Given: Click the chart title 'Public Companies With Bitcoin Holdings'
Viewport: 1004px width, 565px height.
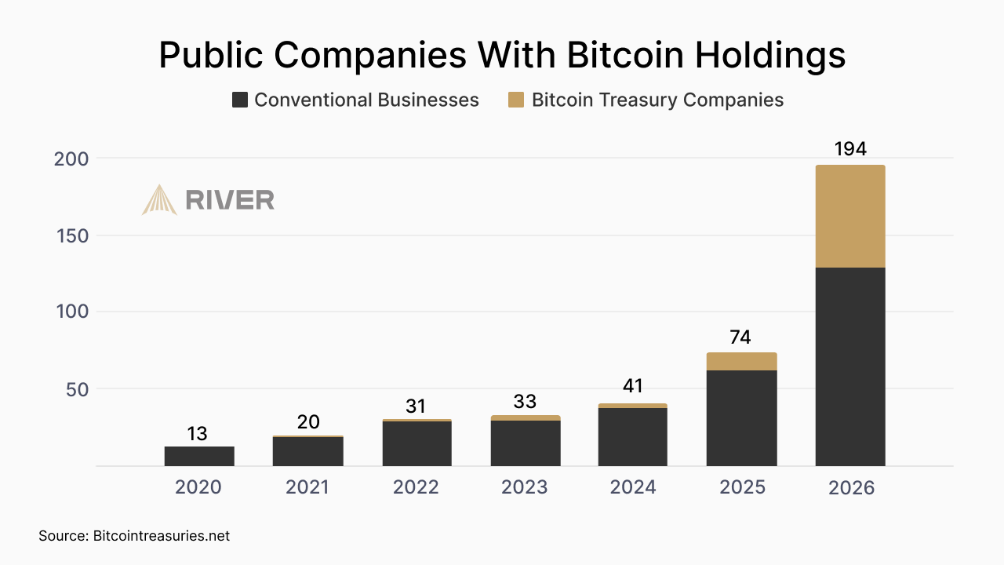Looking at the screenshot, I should pos(502,55).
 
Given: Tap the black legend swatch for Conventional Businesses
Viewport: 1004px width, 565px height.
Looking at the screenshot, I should pos(240,100).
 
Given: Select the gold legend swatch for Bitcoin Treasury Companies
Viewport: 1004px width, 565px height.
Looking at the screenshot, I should pos(516,100).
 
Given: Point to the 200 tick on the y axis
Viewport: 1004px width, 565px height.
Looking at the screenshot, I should pos(71,159).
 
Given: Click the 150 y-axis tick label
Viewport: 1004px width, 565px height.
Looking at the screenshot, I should pos(71,235).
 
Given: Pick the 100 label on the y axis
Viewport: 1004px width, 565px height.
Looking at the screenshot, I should pos(71,312).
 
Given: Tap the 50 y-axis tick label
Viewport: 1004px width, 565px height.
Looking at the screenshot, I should pos(77,388).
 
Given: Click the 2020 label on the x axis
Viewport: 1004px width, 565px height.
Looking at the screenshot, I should pos(198,487).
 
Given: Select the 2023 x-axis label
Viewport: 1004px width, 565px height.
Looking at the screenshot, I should pos(525,487).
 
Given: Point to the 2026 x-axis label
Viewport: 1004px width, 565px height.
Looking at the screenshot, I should pos(851,487).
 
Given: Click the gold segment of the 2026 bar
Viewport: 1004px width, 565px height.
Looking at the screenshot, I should pos(850,217).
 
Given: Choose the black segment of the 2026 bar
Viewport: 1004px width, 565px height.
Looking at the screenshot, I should pos(850,366).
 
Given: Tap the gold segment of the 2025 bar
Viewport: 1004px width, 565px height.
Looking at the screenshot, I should pos(741,362).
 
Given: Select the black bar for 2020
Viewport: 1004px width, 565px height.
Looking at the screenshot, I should pos(199,456).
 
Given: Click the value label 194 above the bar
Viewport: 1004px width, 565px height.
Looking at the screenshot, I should pos(850,149).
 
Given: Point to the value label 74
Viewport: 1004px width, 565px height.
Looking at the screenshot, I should pos(740,337).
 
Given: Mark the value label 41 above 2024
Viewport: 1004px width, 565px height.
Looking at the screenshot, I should pos(633,386).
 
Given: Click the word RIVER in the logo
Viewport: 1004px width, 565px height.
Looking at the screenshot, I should pos(230,200).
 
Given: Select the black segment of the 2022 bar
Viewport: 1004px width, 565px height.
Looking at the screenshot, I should pos(417,443).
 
